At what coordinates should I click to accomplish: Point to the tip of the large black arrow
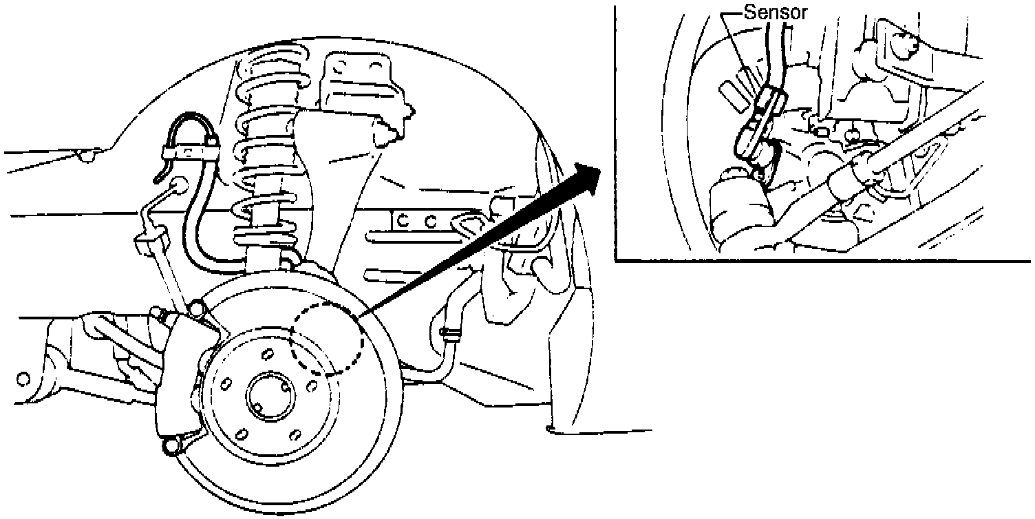tap(597, 167)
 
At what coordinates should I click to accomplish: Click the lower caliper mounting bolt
tap(169, 449)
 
